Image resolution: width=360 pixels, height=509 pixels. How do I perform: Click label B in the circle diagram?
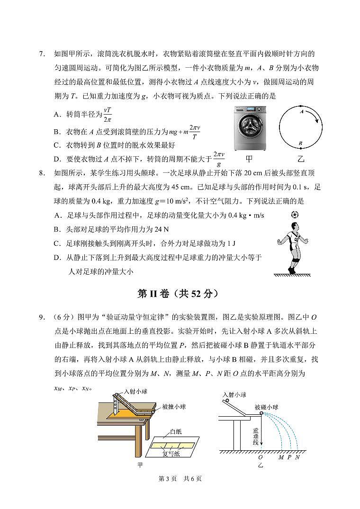(300, 142)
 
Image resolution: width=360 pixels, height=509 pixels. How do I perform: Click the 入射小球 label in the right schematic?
(234, 395)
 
